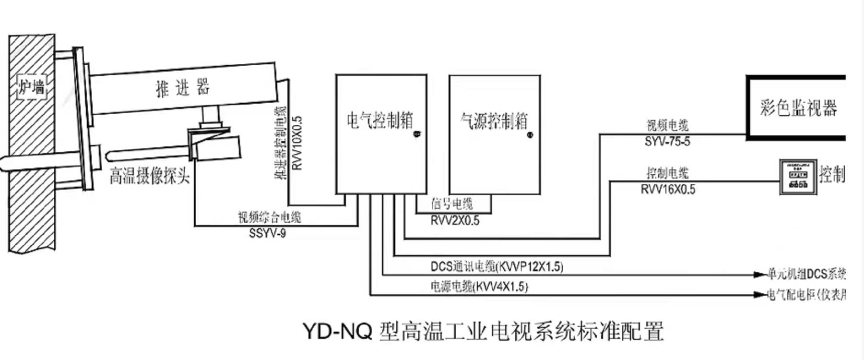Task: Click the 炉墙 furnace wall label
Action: (32, 87)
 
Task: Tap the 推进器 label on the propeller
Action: (183, 88)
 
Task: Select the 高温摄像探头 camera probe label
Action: (150, 176)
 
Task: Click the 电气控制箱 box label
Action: (379, 120)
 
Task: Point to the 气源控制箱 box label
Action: (494, 121)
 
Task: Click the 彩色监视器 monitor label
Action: (798, 108)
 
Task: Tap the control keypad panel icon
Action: (798, 177)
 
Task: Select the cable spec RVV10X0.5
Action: (297, 143)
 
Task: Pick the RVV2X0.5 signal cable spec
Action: (455, 221)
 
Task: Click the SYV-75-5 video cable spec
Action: (667, 142)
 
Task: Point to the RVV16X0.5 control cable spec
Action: (668, 190)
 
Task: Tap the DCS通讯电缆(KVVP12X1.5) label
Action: (497, 266)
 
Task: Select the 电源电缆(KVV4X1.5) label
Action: (479, 287)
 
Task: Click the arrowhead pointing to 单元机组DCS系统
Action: (759, 275)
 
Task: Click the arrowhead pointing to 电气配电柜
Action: (759, 294)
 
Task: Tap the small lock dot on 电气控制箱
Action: (417, 134)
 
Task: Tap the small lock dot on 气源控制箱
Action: (530, 135)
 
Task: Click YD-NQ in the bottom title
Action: (337, 332)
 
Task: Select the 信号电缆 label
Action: (452, 204)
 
